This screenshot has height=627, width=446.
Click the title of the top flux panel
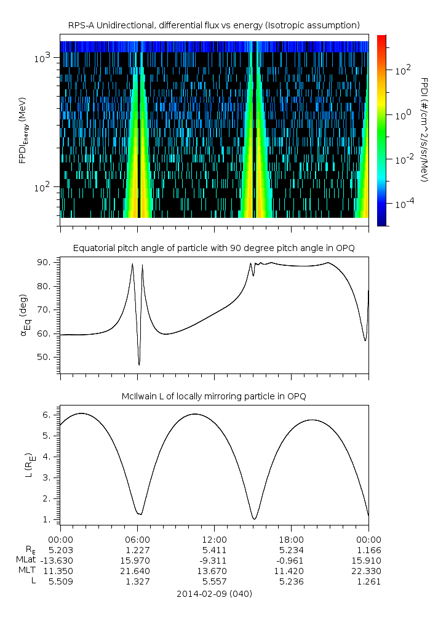213,25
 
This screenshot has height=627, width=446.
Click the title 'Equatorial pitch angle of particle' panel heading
213,248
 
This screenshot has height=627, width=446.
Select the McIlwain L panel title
213,396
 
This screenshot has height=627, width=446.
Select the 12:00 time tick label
214,539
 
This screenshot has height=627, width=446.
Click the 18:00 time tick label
291,539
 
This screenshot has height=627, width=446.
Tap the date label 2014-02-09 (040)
214,594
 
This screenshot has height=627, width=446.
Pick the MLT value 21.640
137,571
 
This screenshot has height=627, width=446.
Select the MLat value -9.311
214,560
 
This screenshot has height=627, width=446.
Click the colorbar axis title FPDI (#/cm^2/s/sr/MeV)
424,130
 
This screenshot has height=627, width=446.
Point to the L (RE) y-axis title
25,465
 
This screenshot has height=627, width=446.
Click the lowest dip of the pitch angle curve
139,365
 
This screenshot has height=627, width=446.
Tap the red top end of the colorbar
382,38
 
